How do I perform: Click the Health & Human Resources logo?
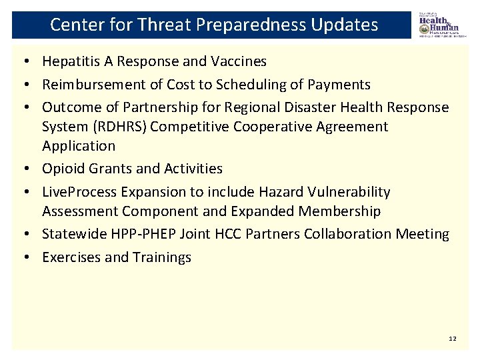[439, 25]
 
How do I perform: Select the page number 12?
[453, 339]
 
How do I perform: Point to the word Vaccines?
[239, 62]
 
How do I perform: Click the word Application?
[79, 146]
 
